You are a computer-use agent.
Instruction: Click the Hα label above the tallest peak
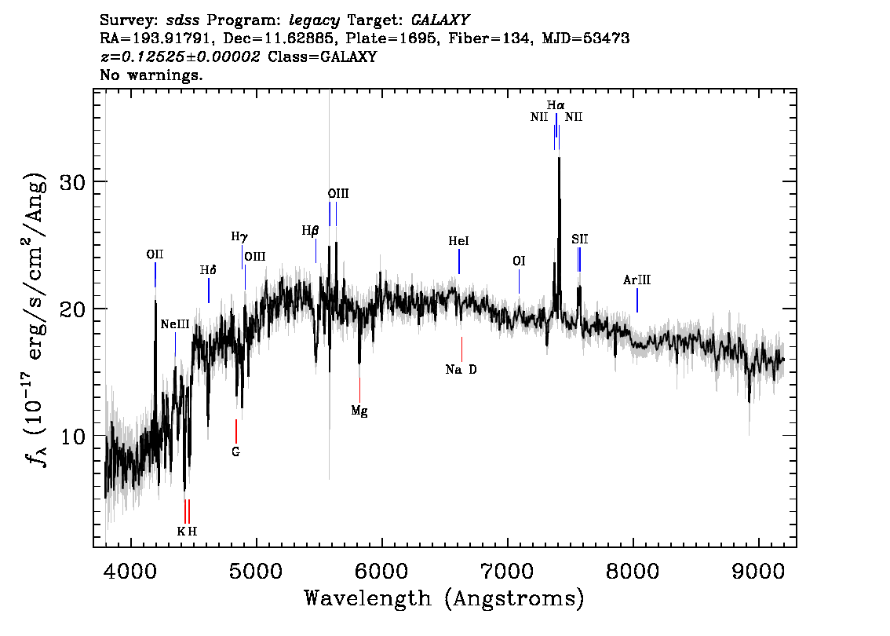(556, 105)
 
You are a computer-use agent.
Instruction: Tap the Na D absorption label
(461, 370)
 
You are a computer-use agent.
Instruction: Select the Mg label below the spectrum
(359, 411)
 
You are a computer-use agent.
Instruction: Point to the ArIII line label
(636, 280)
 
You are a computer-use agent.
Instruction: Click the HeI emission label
(458, 241)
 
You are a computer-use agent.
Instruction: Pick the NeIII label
(175, 324)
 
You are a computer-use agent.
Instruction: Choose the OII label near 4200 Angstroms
(155, 254)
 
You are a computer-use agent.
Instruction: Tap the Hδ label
(208, 270)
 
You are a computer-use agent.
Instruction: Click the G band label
(235, 452)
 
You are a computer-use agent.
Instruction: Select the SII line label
(579, 239)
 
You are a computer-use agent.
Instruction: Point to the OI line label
(519, 261)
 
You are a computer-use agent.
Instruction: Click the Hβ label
(310, 231)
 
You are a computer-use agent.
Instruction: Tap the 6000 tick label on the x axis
(382, 572)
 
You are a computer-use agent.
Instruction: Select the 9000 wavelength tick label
(758, 572)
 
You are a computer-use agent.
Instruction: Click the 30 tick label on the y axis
(73, 181)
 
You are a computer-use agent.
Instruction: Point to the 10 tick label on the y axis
(73, 436)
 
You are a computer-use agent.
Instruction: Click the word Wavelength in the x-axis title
(367, 598)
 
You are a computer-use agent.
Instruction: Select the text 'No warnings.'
(151, 75)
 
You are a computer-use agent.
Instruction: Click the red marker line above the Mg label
(359, 390)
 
